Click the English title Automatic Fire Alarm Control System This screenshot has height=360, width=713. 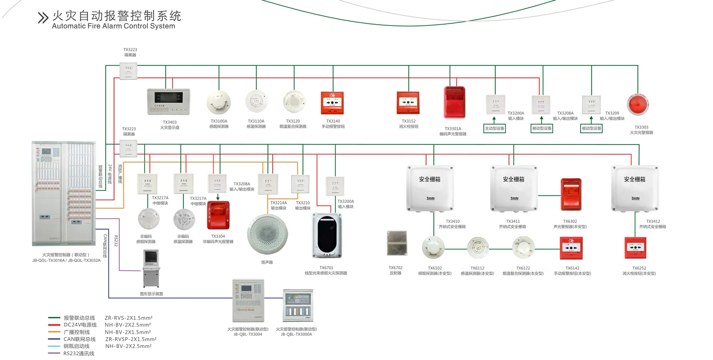[x=113, y=26]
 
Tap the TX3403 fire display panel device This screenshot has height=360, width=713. [x=168, y=102]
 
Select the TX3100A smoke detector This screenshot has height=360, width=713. [x=219, y=103]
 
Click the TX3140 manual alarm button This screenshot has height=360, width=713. [x=333, y=103]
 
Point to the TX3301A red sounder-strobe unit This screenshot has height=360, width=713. [x=455, y=102]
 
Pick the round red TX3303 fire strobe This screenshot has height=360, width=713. [x=638, y=104]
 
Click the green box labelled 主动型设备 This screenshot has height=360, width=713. [x=494, y=128]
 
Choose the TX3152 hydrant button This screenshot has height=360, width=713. [x=408, y=103]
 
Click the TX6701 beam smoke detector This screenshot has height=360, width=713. [x=327, y=236]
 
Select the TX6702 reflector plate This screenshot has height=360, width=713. [x=397, y=243]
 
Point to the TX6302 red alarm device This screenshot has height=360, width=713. [x=571, y=194]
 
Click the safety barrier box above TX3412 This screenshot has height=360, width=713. [x=635, y=188]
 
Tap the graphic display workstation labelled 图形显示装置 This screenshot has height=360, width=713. [x=151, y=268]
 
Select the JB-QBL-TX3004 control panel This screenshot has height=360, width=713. [x=248, y=300]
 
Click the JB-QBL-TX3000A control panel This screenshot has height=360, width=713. [x=298, y=305]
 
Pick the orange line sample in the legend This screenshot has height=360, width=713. [x=54, y=332]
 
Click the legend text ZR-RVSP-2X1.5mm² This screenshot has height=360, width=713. [x=131, y=339]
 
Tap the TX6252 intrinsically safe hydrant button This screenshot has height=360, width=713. [x=636, y=248]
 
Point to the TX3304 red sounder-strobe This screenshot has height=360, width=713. [x=218, y=215]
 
